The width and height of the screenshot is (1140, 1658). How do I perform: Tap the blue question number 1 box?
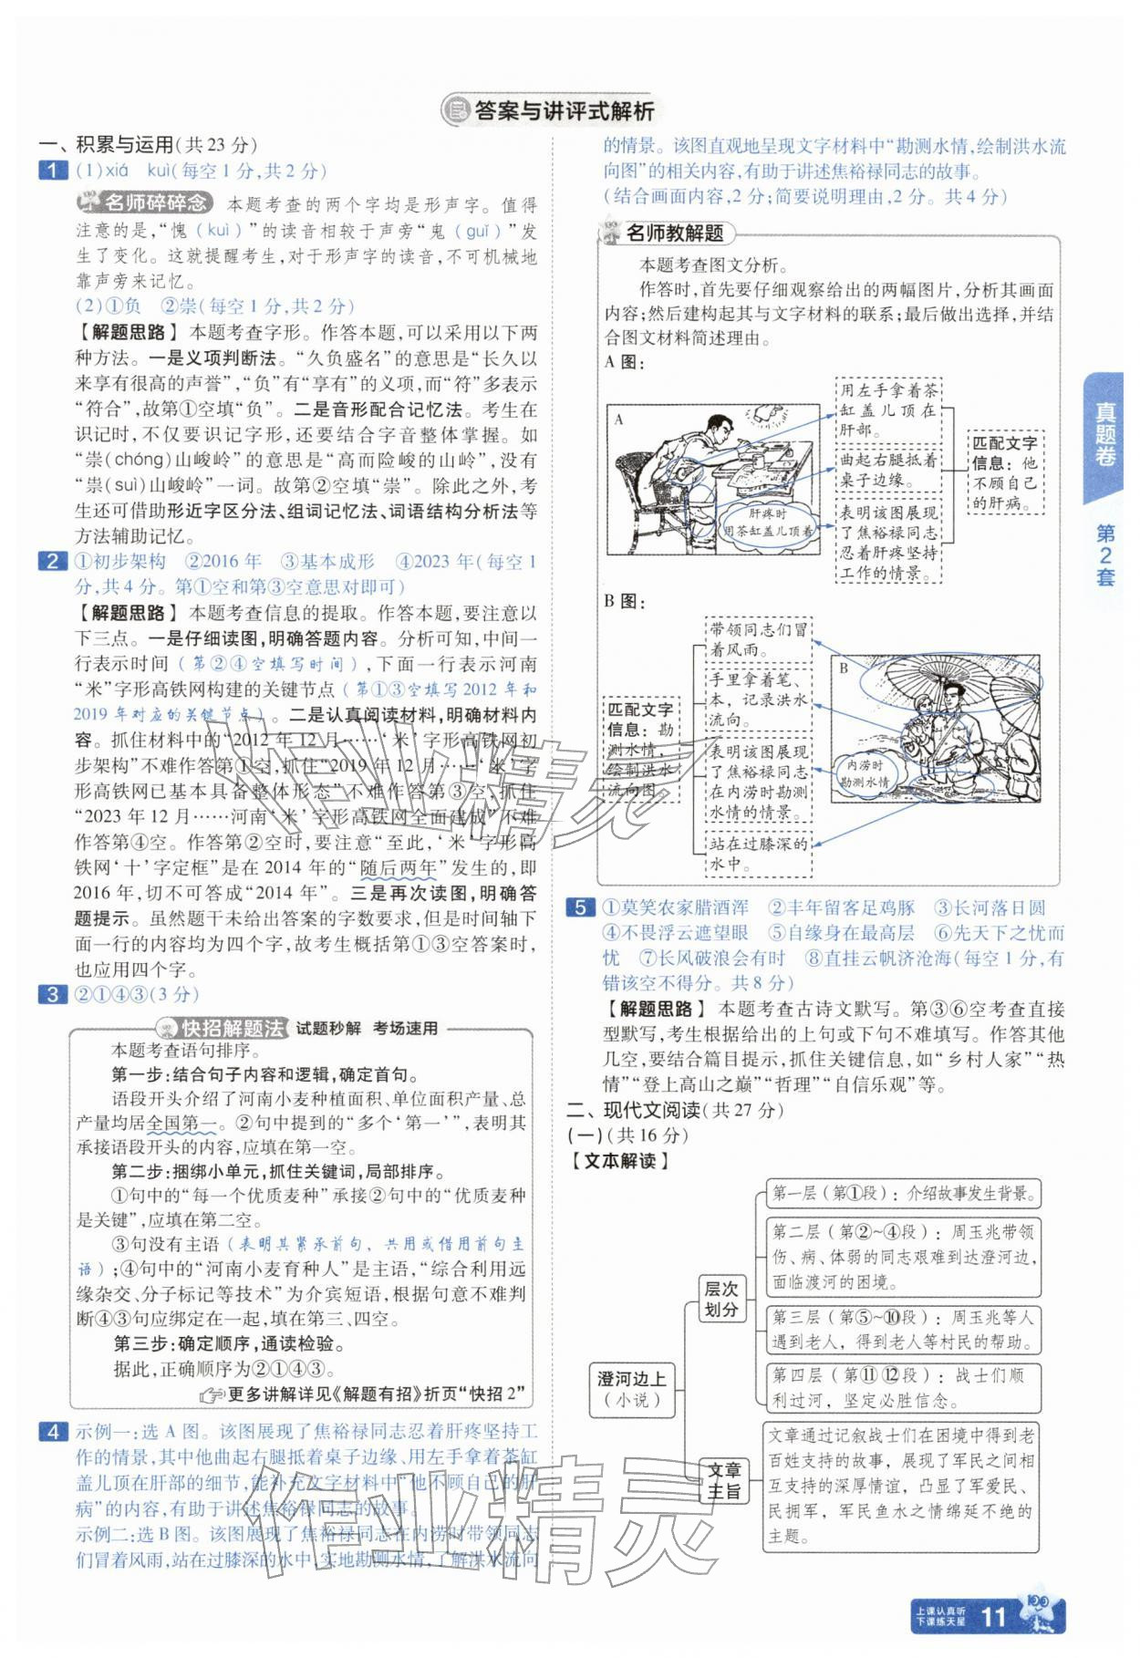[x=52, y=171]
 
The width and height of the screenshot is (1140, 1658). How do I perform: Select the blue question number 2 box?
[x=52, y=562]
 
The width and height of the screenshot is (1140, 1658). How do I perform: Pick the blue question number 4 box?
[x=52, y=1432]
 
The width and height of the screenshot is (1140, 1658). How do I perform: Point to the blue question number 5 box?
[x=579, y=907]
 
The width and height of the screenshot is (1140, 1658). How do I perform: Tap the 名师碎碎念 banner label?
[x=146, y=203]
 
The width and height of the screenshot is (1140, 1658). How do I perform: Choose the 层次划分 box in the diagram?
[x=720, y=1300]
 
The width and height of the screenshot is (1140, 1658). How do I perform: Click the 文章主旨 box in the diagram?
[x=725, y=1480]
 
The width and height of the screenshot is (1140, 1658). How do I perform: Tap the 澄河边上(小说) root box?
[x=631, y=1389]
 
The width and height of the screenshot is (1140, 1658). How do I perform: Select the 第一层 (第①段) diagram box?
[x=901, y=1193]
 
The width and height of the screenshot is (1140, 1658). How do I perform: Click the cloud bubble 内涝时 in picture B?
[x=864, y=773]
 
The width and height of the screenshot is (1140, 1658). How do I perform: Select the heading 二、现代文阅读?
[x=675, y=1110]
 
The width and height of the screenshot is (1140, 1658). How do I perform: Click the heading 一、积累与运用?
[x=147, y=144]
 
